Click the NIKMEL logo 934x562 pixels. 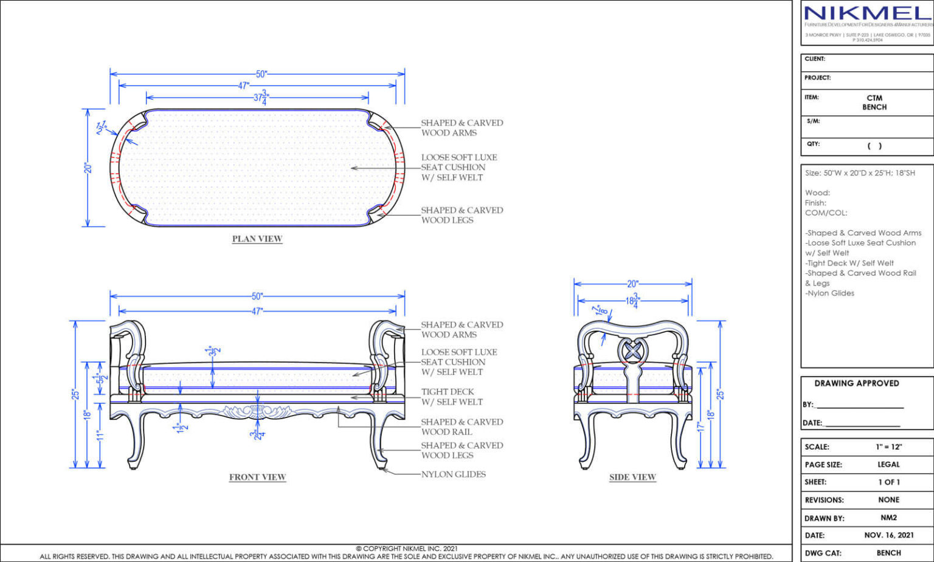point(867,13)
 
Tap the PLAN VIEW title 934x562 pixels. point(257,239)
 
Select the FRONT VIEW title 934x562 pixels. point(257,477)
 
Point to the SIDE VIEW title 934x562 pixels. point(632,477)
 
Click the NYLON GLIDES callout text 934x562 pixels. point(454,474)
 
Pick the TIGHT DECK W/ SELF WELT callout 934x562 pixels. point(452,397)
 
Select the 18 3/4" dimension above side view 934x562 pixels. point(632,300)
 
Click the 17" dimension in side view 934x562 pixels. point(700,427)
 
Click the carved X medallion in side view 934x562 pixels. point(633,351)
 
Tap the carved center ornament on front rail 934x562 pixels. point(257,413)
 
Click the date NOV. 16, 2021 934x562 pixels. point(888,535)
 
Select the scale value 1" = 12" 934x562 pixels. point(888,447)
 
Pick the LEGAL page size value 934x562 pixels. point(888,464)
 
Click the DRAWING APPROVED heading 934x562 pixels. point(856,383)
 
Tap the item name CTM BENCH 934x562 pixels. point(874,102)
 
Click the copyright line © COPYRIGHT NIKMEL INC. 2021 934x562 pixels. point(407,548)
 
